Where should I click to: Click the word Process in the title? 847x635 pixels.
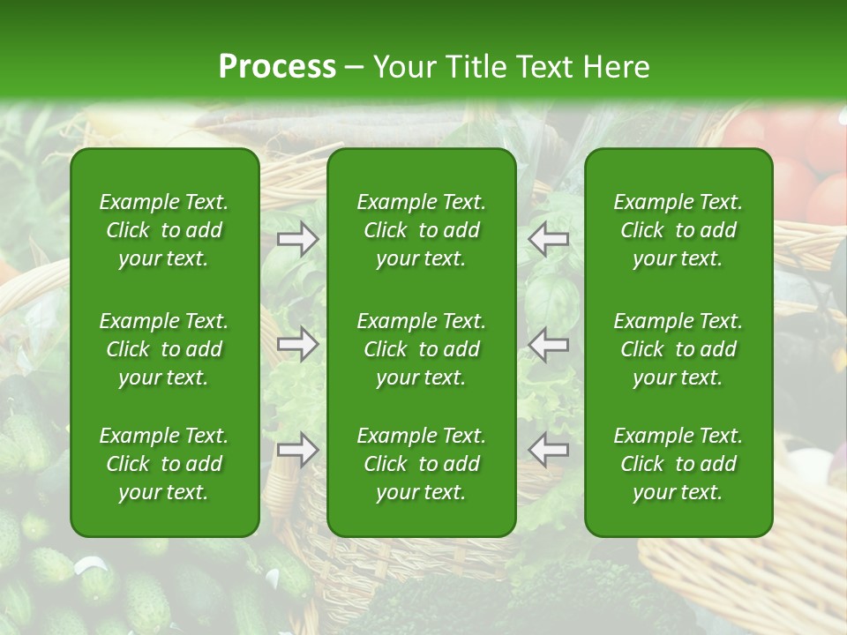tap(277, 67)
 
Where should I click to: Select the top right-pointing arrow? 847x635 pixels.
tap(298, 239)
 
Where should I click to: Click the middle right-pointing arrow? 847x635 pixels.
tap(298, 345)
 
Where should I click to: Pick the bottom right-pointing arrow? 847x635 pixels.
tap(298, 450)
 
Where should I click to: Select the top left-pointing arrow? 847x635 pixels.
tap(549, 239)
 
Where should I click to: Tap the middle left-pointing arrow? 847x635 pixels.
tap(549, 345)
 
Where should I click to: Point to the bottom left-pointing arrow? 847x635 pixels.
tap(549, 450)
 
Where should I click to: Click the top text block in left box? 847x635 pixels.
tap(164, 230)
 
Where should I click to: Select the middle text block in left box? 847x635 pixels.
tap(164, 349)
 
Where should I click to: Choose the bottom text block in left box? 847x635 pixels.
tap(164, 464)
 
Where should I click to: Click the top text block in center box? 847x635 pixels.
tap(422, 230)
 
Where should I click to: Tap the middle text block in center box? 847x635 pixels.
tap(422, 349)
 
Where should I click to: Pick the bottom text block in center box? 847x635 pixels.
tap(422, 464)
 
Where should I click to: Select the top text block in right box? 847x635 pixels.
tap(678, 230)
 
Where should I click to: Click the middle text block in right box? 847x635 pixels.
tap(678, 349)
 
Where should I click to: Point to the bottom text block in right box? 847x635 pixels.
tap(678, 464)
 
